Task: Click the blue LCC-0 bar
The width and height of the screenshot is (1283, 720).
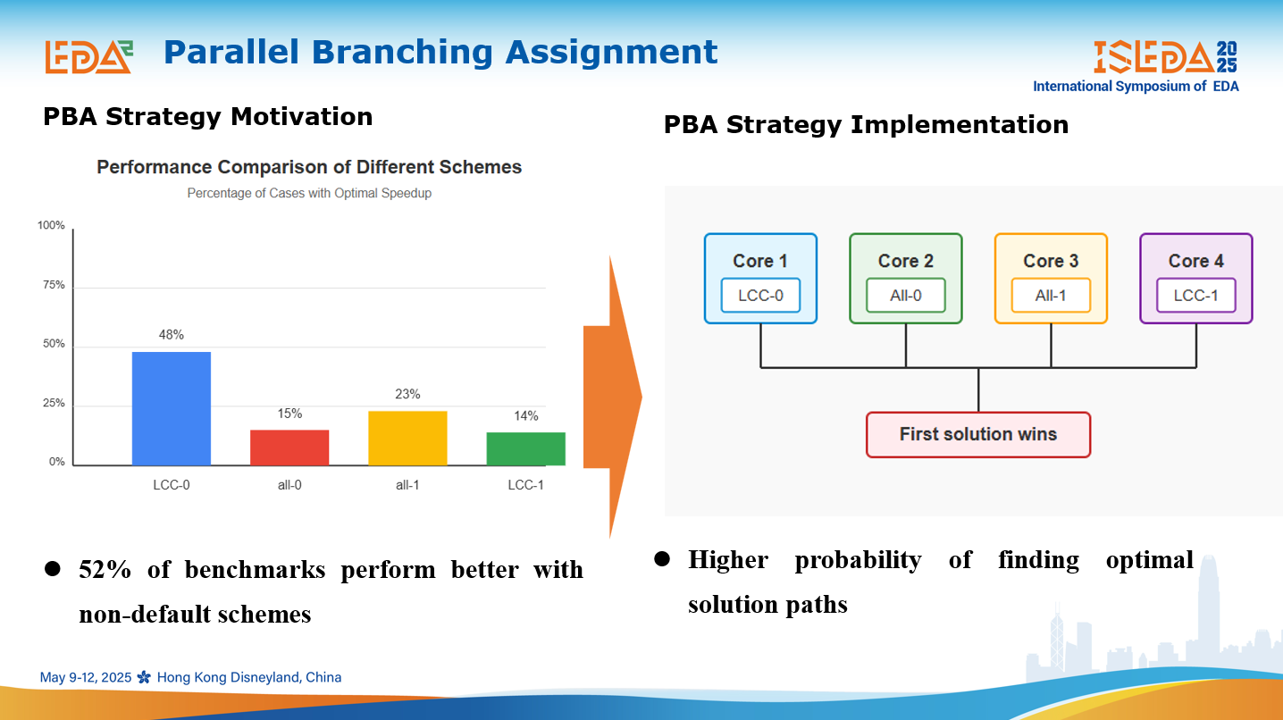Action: [171, 408]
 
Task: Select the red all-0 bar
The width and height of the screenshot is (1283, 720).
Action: [289, 448]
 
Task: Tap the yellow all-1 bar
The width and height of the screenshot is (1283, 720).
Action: [407, 438]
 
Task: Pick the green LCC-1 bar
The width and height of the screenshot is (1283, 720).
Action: [525, 448]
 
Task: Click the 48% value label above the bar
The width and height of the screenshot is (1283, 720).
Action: [171, 335]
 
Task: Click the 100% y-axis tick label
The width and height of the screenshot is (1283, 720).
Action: [51, 225]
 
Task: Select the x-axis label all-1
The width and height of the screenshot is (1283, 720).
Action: [407, 485]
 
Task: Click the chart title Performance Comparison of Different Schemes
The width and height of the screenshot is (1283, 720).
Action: [309, 167]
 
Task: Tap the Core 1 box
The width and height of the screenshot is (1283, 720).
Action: [760, 278]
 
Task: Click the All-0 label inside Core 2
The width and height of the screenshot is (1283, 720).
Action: [905, 296]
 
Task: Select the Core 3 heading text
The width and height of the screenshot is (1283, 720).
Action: [1051, 261]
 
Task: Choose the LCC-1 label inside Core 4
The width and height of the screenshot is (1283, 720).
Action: [1195, 296]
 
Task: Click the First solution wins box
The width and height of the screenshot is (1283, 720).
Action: [978, 434]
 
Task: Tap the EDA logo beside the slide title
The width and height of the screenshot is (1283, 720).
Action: [88, 56]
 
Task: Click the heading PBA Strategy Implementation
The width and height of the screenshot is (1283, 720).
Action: [866, 124]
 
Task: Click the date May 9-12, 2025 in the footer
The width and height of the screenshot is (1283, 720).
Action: [86, 677]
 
